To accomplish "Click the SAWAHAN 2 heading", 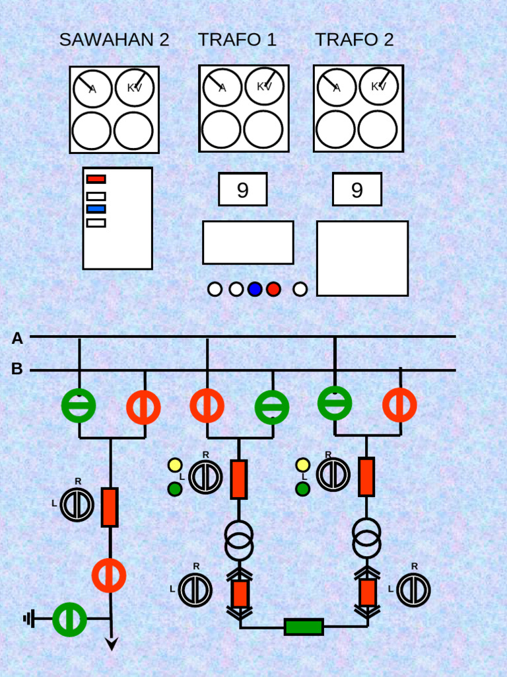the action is click(114, 40).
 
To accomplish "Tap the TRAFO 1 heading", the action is click(237, 40).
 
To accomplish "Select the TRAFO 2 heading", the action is click(355, 40).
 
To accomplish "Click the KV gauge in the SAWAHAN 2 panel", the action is click(135, 88).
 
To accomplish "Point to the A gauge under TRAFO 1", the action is click(222, 87).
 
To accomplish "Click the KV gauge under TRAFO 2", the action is click(378, 87).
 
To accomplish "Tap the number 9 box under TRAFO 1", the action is click(243, 189).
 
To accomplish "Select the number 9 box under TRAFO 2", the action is click(357, 189).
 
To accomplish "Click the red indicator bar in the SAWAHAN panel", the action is click(96, 179).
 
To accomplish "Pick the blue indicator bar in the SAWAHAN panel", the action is click(96, 209).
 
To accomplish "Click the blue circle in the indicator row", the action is click(255, 289).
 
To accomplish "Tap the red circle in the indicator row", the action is click(273, 289).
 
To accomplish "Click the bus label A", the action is click(17, 338).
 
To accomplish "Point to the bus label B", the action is click(17, 368).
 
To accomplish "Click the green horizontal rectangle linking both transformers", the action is click(304, 627).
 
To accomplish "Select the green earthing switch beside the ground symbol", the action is click(69, 619).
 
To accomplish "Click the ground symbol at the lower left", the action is click(28, 619).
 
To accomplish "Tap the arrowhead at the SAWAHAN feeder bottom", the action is click(112, 643).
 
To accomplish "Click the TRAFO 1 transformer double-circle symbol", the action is click(239, 541).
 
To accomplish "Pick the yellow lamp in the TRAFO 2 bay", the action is click(302, 465).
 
